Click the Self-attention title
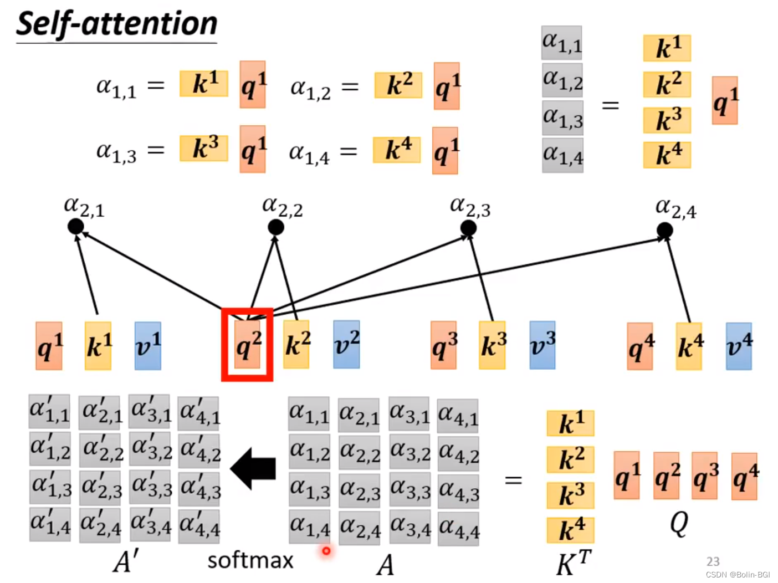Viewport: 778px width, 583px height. point(116,24)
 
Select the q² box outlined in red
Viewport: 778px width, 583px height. point(247,345)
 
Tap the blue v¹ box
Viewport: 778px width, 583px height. point(148,346)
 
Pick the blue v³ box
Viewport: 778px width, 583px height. point(542,345)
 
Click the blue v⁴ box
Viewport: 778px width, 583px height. point(739,346)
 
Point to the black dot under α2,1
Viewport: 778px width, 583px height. point(75,226)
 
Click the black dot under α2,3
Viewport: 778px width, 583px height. point(468,227)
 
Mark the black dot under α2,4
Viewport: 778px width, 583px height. point(664,229)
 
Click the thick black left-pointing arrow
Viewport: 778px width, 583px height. point(254,468)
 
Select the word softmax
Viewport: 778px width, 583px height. point(250,560)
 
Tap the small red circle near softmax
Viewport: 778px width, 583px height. point(326,550)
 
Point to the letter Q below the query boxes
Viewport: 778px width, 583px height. point(679,523)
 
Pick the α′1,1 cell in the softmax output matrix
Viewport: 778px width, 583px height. point(50,411)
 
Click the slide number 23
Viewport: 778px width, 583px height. point(713,561)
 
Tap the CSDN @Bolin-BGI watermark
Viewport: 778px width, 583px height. point(738,575)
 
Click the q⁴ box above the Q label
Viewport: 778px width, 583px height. point(744,476)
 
